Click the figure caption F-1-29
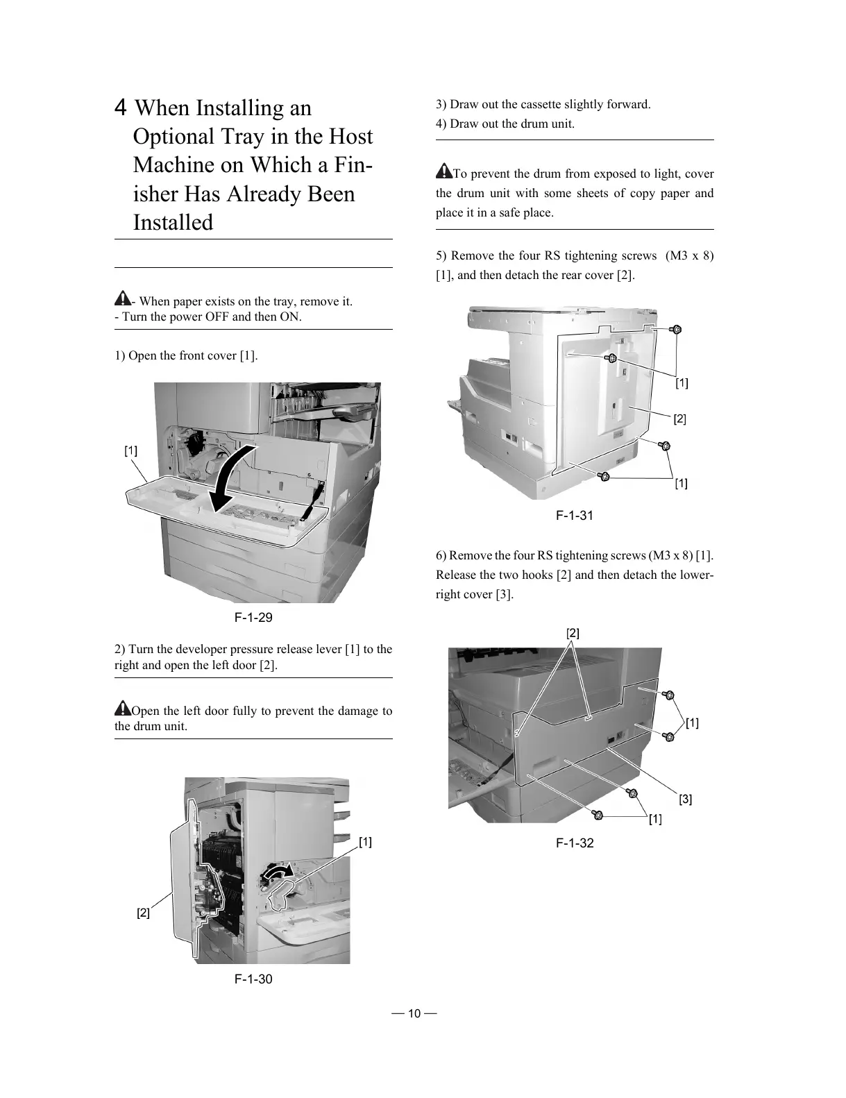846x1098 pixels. click(x=253, y=617)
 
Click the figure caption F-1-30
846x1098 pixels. click(x=253, y=979)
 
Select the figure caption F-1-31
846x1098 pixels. click(x=575, y=515)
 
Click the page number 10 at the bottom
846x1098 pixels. click(x=414, y=1013)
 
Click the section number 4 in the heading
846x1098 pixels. click(x=121, y=108)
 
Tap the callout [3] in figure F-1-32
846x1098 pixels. click(x=685, y=799)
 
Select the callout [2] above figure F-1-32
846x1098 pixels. click(x=573, y=633)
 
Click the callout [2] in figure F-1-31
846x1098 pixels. click(x=679, y=419)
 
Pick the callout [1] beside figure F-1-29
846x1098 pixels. click(x=131, y=450)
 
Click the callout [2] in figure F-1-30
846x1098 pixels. click(x=143, y=913)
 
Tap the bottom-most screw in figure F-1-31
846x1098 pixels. click(x=604, y=476)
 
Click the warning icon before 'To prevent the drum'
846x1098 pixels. click(x=443, y=171)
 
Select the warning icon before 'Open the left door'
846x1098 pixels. click(x=122, y=709)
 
